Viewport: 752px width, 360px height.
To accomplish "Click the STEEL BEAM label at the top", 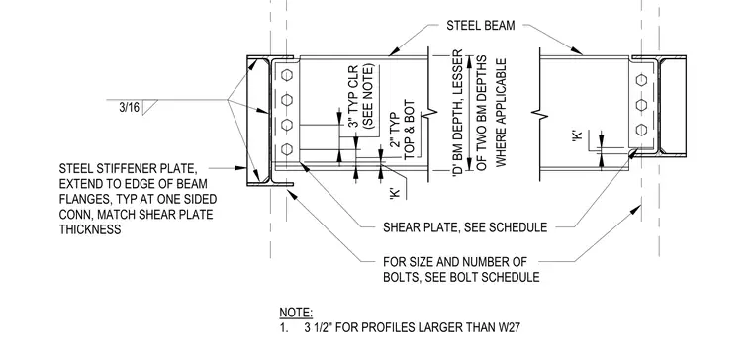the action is point(481,26).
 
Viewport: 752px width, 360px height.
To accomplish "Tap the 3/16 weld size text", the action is point(129,108).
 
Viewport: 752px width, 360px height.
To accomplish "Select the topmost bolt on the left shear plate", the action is point(287,75).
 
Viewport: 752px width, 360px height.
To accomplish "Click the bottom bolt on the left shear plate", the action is point(287,149).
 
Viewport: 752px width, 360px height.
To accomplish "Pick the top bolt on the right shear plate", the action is point(642,80).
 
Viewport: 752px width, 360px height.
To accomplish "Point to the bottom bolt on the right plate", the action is point(642,130).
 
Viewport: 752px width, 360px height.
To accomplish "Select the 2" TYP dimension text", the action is point(394,130).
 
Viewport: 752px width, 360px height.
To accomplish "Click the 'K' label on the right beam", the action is point(577,135).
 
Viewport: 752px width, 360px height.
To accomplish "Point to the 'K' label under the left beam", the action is point(395,192).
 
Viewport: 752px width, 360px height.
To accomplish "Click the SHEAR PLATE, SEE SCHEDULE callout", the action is point(465,226).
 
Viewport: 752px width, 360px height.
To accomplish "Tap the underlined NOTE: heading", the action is point(296,314).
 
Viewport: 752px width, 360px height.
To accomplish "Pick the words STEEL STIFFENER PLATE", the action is point(128,169).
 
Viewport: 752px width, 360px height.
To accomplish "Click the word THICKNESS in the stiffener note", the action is point(90,229).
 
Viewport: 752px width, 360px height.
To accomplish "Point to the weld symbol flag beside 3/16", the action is point(150,107).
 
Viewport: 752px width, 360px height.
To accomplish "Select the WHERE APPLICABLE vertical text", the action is point(501,113).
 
